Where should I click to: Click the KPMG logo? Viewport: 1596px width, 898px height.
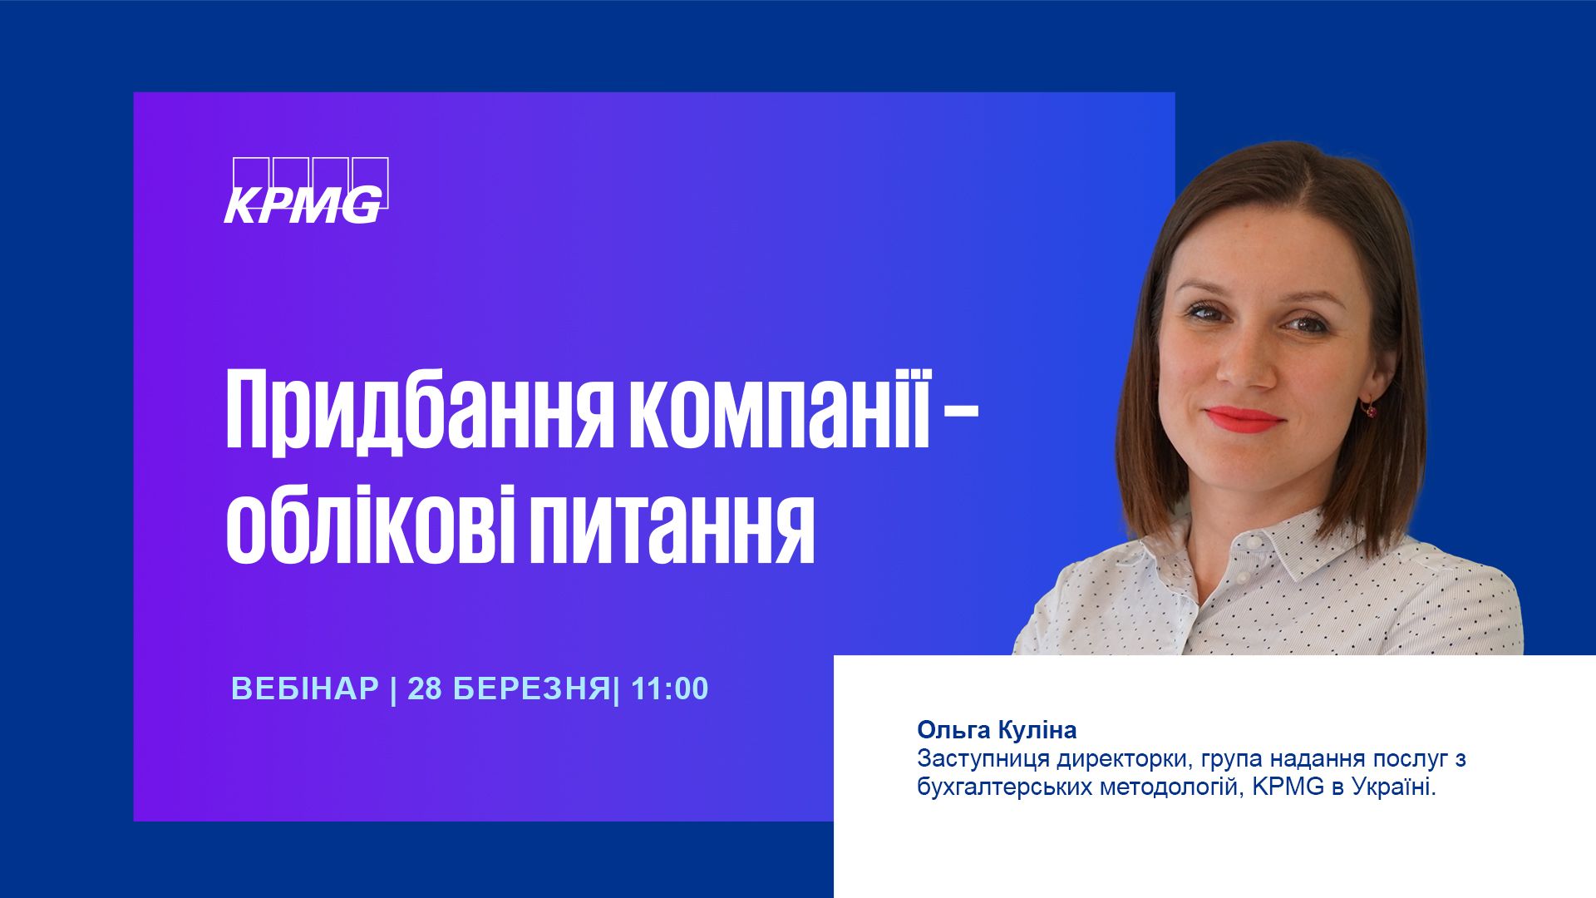(307, 190)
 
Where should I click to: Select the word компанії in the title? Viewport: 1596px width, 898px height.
(780, 407)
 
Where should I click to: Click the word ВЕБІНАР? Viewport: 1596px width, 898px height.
(305, 689)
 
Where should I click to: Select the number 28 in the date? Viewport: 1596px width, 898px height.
(425, 689)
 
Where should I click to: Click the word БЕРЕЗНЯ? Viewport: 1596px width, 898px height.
(532, 689)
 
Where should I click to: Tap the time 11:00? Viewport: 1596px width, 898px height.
(670, 689)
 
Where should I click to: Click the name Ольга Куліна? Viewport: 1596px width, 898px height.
(997, 730)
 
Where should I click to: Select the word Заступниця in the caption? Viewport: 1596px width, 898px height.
(985, 759)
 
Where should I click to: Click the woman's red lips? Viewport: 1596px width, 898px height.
(1244, 419)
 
